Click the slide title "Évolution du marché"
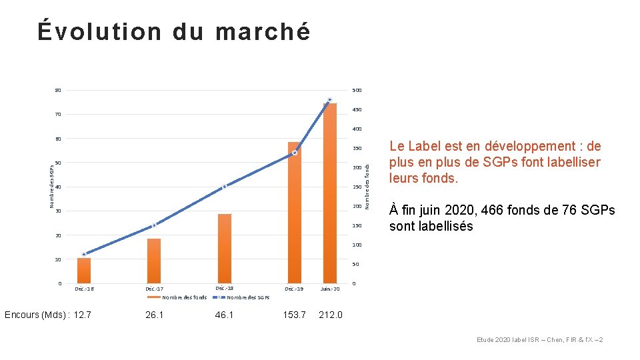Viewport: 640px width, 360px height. pos(174,31)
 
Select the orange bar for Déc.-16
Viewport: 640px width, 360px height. pos(84,271)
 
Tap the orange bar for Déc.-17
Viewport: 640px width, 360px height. pos(154,261)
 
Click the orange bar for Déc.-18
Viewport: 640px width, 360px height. pos(225,249)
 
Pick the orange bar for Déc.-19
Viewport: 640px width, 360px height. pos(295,213)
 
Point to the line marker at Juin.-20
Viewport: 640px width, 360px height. pos(329,100)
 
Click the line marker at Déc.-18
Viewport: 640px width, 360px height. pos(225,186)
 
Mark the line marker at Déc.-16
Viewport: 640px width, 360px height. pos(84,254)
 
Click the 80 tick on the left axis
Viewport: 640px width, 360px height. pos(58,91)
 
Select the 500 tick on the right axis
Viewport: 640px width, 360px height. pos(357,91)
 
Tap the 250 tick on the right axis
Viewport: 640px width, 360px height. pos(357,187)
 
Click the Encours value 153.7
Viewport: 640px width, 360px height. pos(294,315)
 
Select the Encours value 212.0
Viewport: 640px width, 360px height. pos(331,315)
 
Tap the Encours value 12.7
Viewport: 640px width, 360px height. pos(83,315)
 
